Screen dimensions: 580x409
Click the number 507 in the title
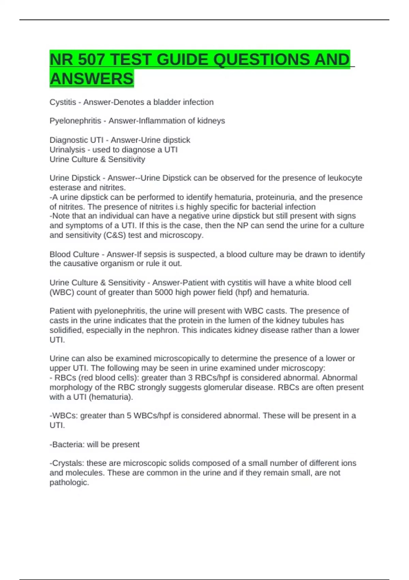click(x=91, y=60)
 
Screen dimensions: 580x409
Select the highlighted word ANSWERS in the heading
click(x=92, y=79)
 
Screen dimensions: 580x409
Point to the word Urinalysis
click(x=67, y=150)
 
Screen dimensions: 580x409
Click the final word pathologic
click(x=69, y=482)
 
